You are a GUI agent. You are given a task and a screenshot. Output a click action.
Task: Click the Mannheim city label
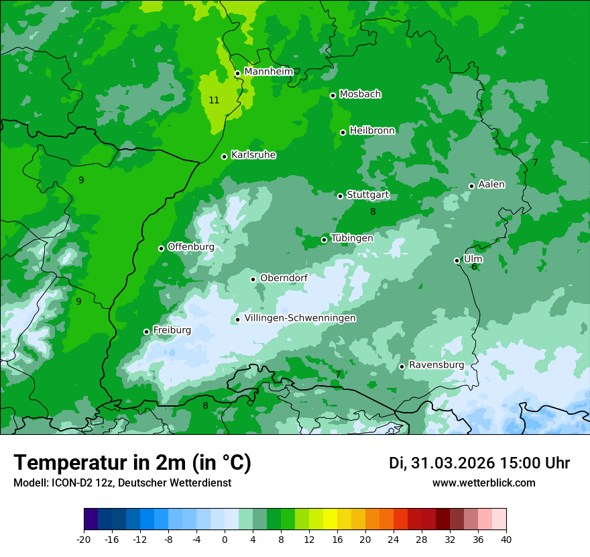click(268, 71)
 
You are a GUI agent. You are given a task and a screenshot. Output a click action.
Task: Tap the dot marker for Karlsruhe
click(224, 156)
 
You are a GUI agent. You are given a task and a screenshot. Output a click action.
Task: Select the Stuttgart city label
click(367, 195)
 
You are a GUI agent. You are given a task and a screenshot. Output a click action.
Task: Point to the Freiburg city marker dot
click(146, 332)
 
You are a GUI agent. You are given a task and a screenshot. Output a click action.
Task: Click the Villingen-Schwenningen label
click(300, 318)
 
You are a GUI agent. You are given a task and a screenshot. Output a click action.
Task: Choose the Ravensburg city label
click(436, 364)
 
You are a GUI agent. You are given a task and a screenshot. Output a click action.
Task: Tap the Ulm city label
click(473, 258)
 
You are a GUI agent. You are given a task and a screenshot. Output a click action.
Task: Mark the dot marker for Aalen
click(471, 186)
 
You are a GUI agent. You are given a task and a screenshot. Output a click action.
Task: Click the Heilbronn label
click(372, 130)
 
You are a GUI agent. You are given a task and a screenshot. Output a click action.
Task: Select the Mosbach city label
click(359, 94)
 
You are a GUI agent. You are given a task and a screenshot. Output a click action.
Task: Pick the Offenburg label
click(190, 246)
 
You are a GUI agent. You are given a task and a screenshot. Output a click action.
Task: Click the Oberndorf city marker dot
click(253, 279)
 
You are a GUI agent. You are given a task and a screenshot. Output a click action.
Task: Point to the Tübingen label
click(351, 238)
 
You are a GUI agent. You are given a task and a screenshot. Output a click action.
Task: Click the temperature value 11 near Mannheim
click(214, 100)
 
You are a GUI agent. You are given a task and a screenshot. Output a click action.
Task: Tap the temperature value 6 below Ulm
click(474, 267)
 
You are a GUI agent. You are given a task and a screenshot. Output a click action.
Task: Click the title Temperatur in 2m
click(132, 462)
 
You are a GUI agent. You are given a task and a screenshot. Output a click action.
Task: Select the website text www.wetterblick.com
click(483, 483)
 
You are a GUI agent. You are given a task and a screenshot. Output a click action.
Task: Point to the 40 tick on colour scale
click(506, 539)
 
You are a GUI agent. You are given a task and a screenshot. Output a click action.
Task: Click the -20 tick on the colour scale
click(84, 539)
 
